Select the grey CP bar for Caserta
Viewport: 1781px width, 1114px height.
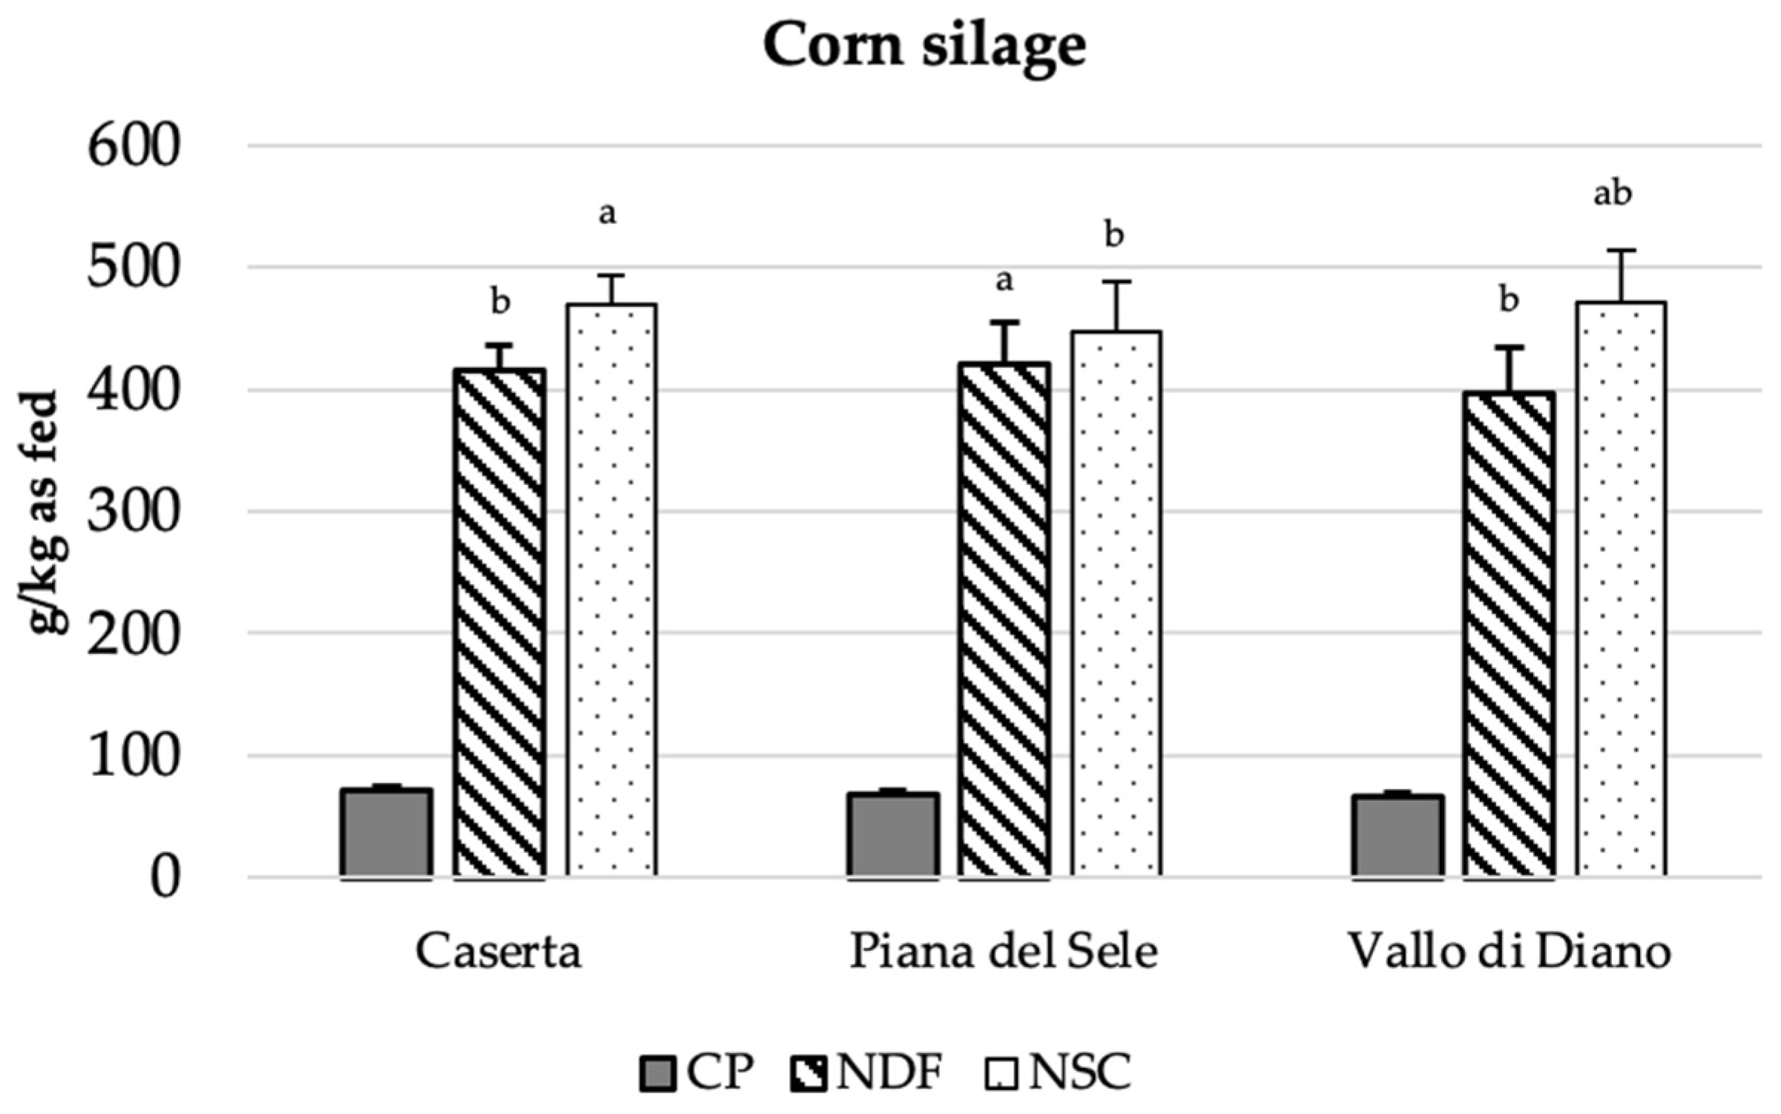386,832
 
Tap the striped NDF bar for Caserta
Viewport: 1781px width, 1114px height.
500,623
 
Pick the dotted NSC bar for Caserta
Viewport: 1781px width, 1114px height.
612,590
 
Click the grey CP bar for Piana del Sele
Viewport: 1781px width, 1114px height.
893,834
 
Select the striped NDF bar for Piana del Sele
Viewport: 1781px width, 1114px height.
1004,619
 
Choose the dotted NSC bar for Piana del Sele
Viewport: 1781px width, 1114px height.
1116,604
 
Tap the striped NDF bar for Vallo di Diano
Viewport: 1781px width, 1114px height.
1510,634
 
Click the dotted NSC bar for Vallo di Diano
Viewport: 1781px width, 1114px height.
1622,590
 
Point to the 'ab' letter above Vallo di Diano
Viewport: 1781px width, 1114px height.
1613,194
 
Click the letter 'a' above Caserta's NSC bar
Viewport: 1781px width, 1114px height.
608,214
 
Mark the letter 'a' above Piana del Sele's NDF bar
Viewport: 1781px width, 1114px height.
1004,280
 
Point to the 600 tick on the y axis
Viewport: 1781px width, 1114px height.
134,147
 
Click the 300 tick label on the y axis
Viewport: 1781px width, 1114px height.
134,512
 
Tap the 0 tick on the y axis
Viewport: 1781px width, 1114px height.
165,879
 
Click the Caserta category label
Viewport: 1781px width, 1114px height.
498,952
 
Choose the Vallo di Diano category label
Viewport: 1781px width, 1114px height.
1509,952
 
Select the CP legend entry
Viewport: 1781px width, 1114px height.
697,1072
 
